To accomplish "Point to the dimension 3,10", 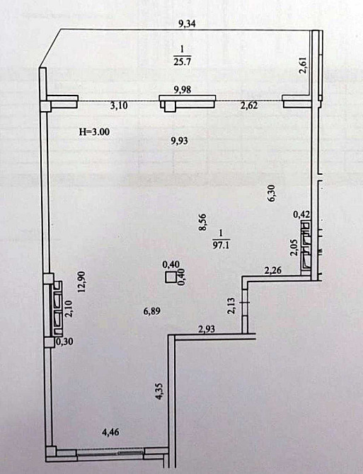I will (119, 107).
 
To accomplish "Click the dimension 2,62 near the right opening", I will (249, 107).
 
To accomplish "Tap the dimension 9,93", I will (182, 140).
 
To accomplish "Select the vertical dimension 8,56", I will (202, 224).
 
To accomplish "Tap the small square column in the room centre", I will (171, 277).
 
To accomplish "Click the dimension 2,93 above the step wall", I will (207, 329).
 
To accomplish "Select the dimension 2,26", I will (273, 269).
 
